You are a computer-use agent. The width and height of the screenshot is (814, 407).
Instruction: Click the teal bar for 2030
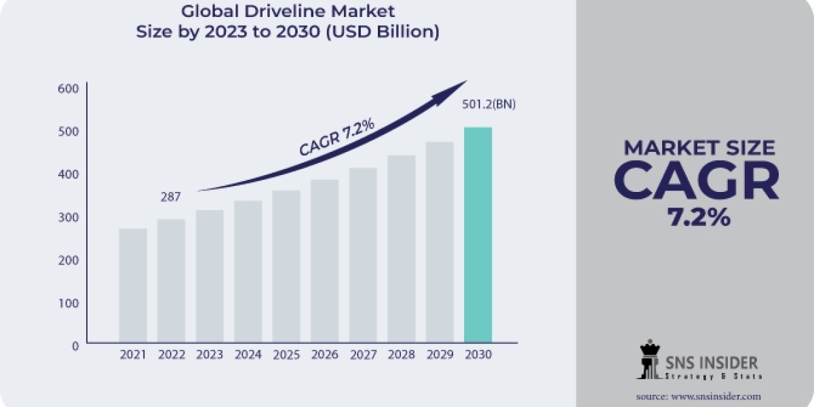[x=478, y=234]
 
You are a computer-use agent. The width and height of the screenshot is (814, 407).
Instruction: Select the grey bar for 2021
[x=132, y=285]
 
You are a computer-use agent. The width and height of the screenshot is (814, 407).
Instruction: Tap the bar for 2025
[x=286, y=266]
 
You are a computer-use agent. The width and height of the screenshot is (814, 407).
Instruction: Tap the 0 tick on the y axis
[x=75, y=345]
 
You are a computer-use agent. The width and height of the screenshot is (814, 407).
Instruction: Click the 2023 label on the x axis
[x=210, y=355]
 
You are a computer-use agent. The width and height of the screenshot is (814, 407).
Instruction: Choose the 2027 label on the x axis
[x=363, y=355]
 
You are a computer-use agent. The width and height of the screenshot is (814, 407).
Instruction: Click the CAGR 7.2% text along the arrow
[x=336, y=137]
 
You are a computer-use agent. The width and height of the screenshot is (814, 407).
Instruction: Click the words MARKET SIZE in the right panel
[x=699, y=148]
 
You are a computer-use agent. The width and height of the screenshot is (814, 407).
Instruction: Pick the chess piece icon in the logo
[x=649, y=360]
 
